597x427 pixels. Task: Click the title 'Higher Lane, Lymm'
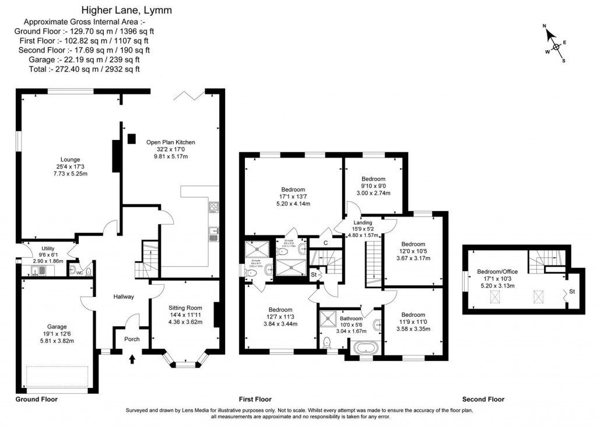125,10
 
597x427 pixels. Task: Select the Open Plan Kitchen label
170,142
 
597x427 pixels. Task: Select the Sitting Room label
185,307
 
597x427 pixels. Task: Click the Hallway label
124,296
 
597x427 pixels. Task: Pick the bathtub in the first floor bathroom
366,349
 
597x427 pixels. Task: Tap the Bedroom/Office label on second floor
497,271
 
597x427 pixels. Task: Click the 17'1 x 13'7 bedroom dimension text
293,197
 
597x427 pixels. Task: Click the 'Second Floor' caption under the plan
483,400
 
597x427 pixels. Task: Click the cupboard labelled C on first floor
324,243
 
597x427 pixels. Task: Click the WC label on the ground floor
72,271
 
